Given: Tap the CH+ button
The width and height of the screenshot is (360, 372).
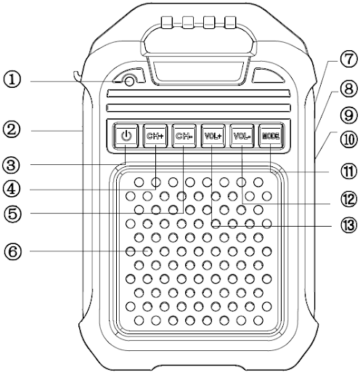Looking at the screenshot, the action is tap(155, 136).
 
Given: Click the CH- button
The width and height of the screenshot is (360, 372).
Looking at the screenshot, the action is tap(184, 136).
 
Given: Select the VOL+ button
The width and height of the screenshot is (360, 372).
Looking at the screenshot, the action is tap(213, 136).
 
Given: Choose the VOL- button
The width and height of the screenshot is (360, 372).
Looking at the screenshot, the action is tap(242, 136).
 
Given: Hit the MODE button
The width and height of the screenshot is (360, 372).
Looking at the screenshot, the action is tap(271, 136).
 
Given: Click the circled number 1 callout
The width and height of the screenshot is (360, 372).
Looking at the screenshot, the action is tap(12, 80).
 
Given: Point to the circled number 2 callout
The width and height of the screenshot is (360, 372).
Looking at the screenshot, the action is tap(12, 129).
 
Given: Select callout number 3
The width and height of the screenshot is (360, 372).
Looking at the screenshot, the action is tap(11, 166).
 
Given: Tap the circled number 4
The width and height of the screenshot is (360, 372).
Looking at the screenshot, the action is tap(12, 189).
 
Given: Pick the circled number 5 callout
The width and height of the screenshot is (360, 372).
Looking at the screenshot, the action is tap(12, 214).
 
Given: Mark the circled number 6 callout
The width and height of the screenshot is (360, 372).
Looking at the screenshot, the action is tap(12, 251).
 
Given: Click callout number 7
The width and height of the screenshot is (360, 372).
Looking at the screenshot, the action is tap(348, 59).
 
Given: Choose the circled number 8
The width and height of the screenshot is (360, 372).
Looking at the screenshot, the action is tap(348, 89).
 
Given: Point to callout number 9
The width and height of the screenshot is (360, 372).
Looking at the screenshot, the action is tap(348, 115).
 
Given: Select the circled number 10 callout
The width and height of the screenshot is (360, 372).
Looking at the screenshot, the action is tap(348, 139).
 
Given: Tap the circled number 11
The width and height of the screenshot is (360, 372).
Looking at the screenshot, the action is tap(348, 171).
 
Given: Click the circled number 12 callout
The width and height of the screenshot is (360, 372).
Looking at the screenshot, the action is tap(348, 199).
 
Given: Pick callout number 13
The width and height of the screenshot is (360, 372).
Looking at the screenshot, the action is tap(348, 225).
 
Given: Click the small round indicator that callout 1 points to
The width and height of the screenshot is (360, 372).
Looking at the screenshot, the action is tap(130, 81).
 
